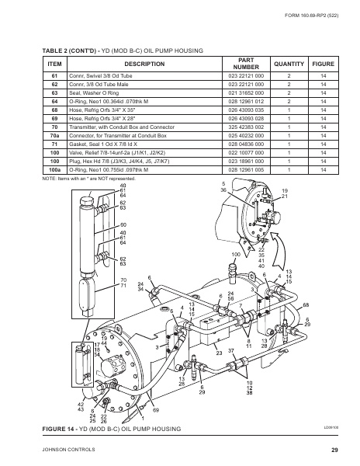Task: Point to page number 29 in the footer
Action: (x=334, y=450)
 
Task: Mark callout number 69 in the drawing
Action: (x=155, y=410)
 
